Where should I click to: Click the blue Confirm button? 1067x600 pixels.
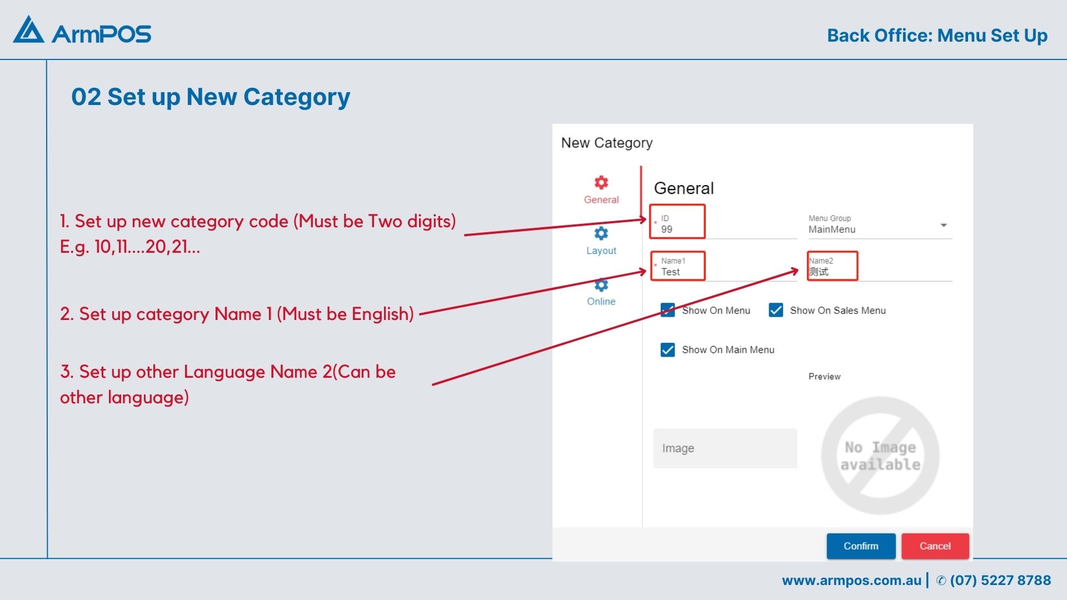pyautogui.click(x=861, y=546)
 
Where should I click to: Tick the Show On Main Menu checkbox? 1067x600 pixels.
pyautogui.click(x=667, y=349)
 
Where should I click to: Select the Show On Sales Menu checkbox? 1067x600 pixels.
pyautogui.click(x=776, y=310)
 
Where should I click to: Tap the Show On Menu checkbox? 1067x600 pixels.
pyautogui.click(x=667, y=310)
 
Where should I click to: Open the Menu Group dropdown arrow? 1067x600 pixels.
pyautogui.click(x=944, y=225)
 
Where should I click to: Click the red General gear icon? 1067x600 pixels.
pyautogui.click(x=601, y=182)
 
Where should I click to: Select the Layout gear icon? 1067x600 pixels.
pyautogui.click(x=601, y=233)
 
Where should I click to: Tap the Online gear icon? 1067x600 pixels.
pyautogui.click(x=601, y=284)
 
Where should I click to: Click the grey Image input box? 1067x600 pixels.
pyautogui.click(x=725, y=448)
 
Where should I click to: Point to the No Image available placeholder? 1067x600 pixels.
pyautogui.click(x=880, y=456)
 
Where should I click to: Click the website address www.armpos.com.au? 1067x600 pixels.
pyautogui.click(x=851, y=581)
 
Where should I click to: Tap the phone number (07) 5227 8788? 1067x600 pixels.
pyautogui.click(x=1000, y=581)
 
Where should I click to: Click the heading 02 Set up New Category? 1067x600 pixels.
pyautogui.click(x=211, y=97)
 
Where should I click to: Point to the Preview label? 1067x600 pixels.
pyautogui.click(x=825, y=377)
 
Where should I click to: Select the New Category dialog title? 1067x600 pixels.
pyautogui.click(x=607, y=143)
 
